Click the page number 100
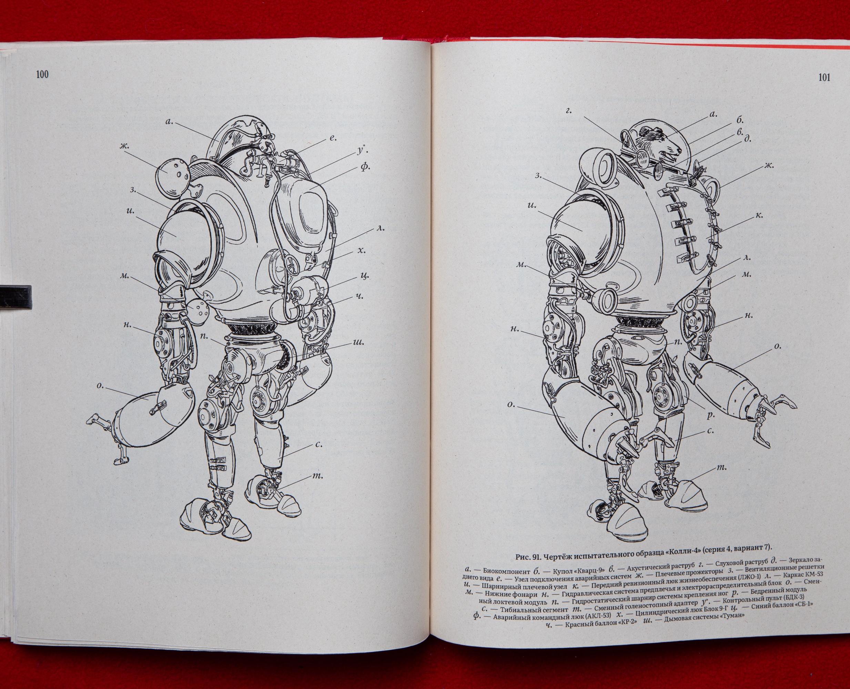click(x=42, y=74)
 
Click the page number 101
click(x=824, y=78)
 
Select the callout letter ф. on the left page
click(x=366, y=167)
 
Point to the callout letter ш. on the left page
click(x=358, y=342)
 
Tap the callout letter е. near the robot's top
click(x=333, y=138)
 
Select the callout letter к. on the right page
click(x=759, y=216)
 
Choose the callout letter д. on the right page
click(x=748, y=139)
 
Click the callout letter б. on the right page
click(x=740, y=119)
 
